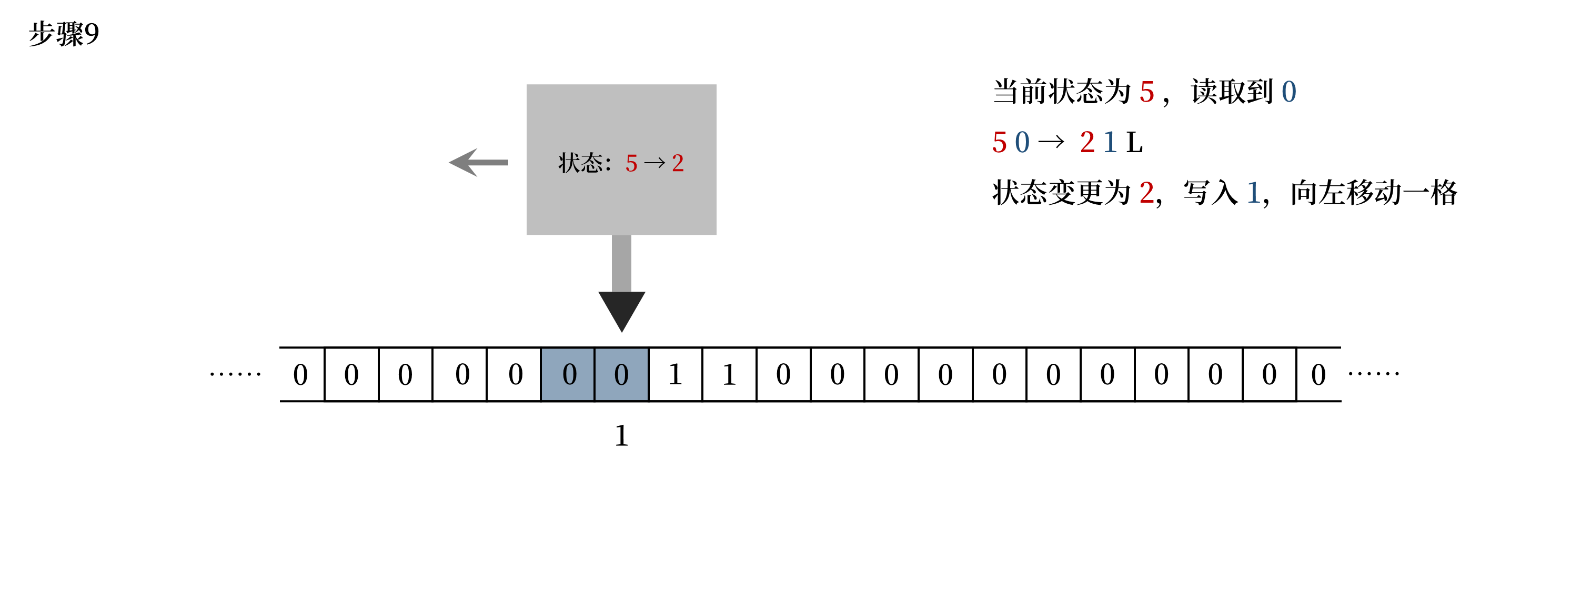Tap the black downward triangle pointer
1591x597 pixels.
click(x=621, y=309)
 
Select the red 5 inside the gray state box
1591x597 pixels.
click(x=631, y=164)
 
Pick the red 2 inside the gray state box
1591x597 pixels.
click(x=678, y=164)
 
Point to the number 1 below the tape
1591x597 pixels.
click(x=621, y=436)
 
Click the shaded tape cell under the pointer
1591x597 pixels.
click(x=621, y=374)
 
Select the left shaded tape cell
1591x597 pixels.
click(x=568, y=374)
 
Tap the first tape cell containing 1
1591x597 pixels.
click(x=675, y=374)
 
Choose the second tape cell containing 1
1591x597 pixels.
click(x=729, y=374)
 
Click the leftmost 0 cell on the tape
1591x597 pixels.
click(x=301, y=374)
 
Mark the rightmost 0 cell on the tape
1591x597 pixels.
click(x=1318, y=374)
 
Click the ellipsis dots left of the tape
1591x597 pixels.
click(x=235, y=374)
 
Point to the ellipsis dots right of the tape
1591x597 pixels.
click(x=1374, y=373)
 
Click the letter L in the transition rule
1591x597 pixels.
click(x=1134, y=143)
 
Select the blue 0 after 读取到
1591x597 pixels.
click(x=1288, y=92)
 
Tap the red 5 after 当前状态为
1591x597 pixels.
click(x=1147, y=92)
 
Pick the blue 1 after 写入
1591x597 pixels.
click(x=1253, y=193)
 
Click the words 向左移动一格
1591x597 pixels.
click(x=1374, y=193)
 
